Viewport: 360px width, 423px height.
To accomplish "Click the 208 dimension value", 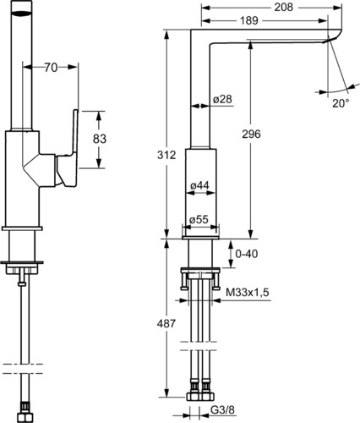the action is pos(284,8).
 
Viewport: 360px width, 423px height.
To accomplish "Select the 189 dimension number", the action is pos(249,20).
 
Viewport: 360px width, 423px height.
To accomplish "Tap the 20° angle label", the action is pos(341,103).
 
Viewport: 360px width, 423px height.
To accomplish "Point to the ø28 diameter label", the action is pos(222,99).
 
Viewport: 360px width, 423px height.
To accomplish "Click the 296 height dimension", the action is pos(251,135).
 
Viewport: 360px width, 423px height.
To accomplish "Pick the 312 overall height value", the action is pos(166,155).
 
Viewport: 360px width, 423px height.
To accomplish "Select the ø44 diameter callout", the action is pos(199,185).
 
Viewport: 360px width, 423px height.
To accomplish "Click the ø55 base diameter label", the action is pos(199,219).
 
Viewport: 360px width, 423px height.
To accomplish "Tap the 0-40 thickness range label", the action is pos(247,254).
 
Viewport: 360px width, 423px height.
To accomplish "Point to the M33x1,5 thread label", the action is pos(248,293).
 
